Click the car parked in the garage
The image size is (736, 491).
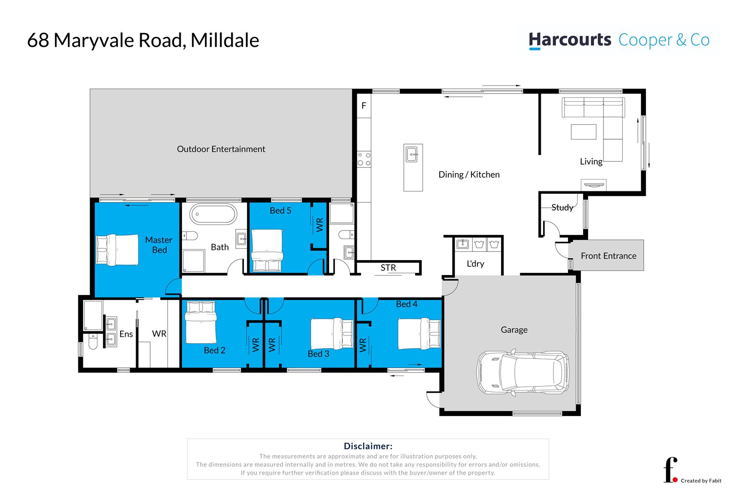coord(523,372)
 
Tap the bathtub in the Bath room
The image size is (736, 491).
coord(213,214)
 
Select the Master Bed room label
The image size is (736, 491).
coord(159,245)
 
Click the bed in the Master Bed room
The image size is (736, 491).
coord(117,250)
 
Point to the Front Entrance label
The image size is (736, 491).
coord(608,256)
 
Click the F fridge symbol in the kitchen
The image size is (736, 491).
coord(364,106)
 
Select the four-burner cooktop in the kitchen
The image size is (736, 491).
coord(364,159)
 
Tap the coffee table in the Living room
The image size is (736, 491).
coord(584,132)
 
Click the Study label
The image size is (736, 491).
coord(562,208)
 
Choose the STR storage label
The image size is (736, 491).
coord(388,268)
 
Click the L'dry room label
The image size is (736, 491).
coord(475,264)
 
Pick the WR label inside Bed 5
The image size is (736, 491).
coord(320,225)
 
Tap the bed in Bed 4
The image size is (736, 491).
coord(419,334)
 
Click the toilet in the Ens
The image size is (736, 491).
coord(92,342)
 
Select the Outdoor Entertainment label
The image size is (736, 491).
coord(221,149)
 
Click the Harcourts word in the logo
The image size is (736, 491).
coord(570,40)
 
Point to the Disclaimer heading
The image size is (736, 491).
coord(368,446)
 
